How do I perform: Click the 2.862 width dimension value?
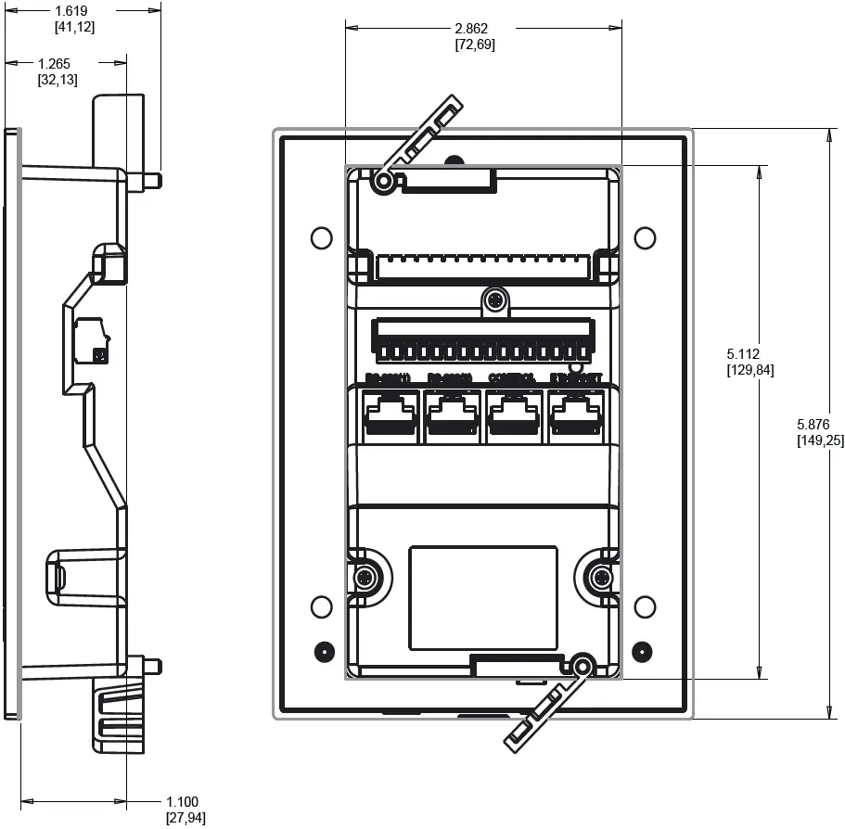[x=475, y=28]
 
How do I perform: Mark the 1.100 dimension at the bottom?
[x=182, y=802]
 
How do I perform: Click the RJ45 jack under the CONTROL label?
[x=513, y=414]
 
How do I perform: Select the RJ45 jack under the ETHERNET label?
[x=575, y=414]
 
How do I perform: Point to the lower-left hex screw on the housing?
[x=365, y=579]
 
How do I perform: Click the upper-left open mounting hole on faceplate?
[x=320, y=237]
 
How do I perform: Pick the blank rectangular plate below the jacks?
[x=483, y=597]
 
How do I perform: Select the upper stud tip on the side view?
[x=159, y=178]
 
